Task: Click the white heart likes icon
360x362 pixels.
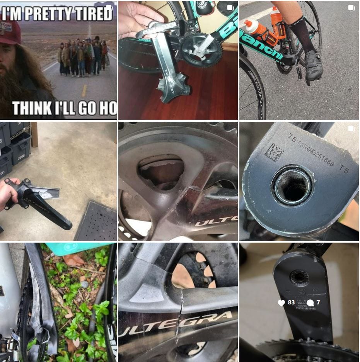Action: tap(282, 303)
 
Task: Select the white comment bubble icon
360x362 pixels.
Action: tap(310, 303)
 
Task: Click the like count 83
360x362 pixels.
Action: tap(291, 303)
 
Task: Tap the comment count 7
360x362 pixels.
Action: tap(318, 303)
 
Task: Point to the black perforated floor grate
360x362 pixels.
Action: tap(97, 222)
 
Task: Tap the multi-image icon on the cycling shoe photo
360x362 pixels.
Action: tap(351, 8)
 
